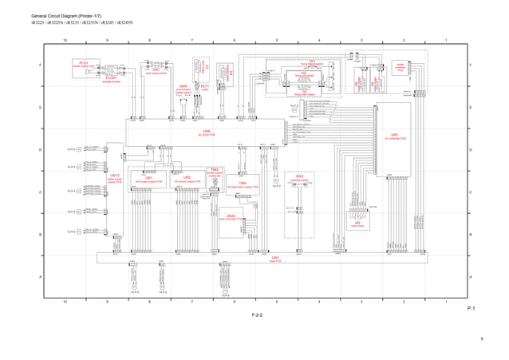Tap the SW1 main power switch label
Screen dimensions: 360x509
[157, 72]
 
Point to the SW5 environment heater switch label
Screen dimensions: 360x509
[183, 89]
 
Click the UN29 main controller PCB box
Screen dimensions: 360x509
[231, 218]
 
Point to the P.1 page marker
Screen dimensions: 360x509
[471, 307]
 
